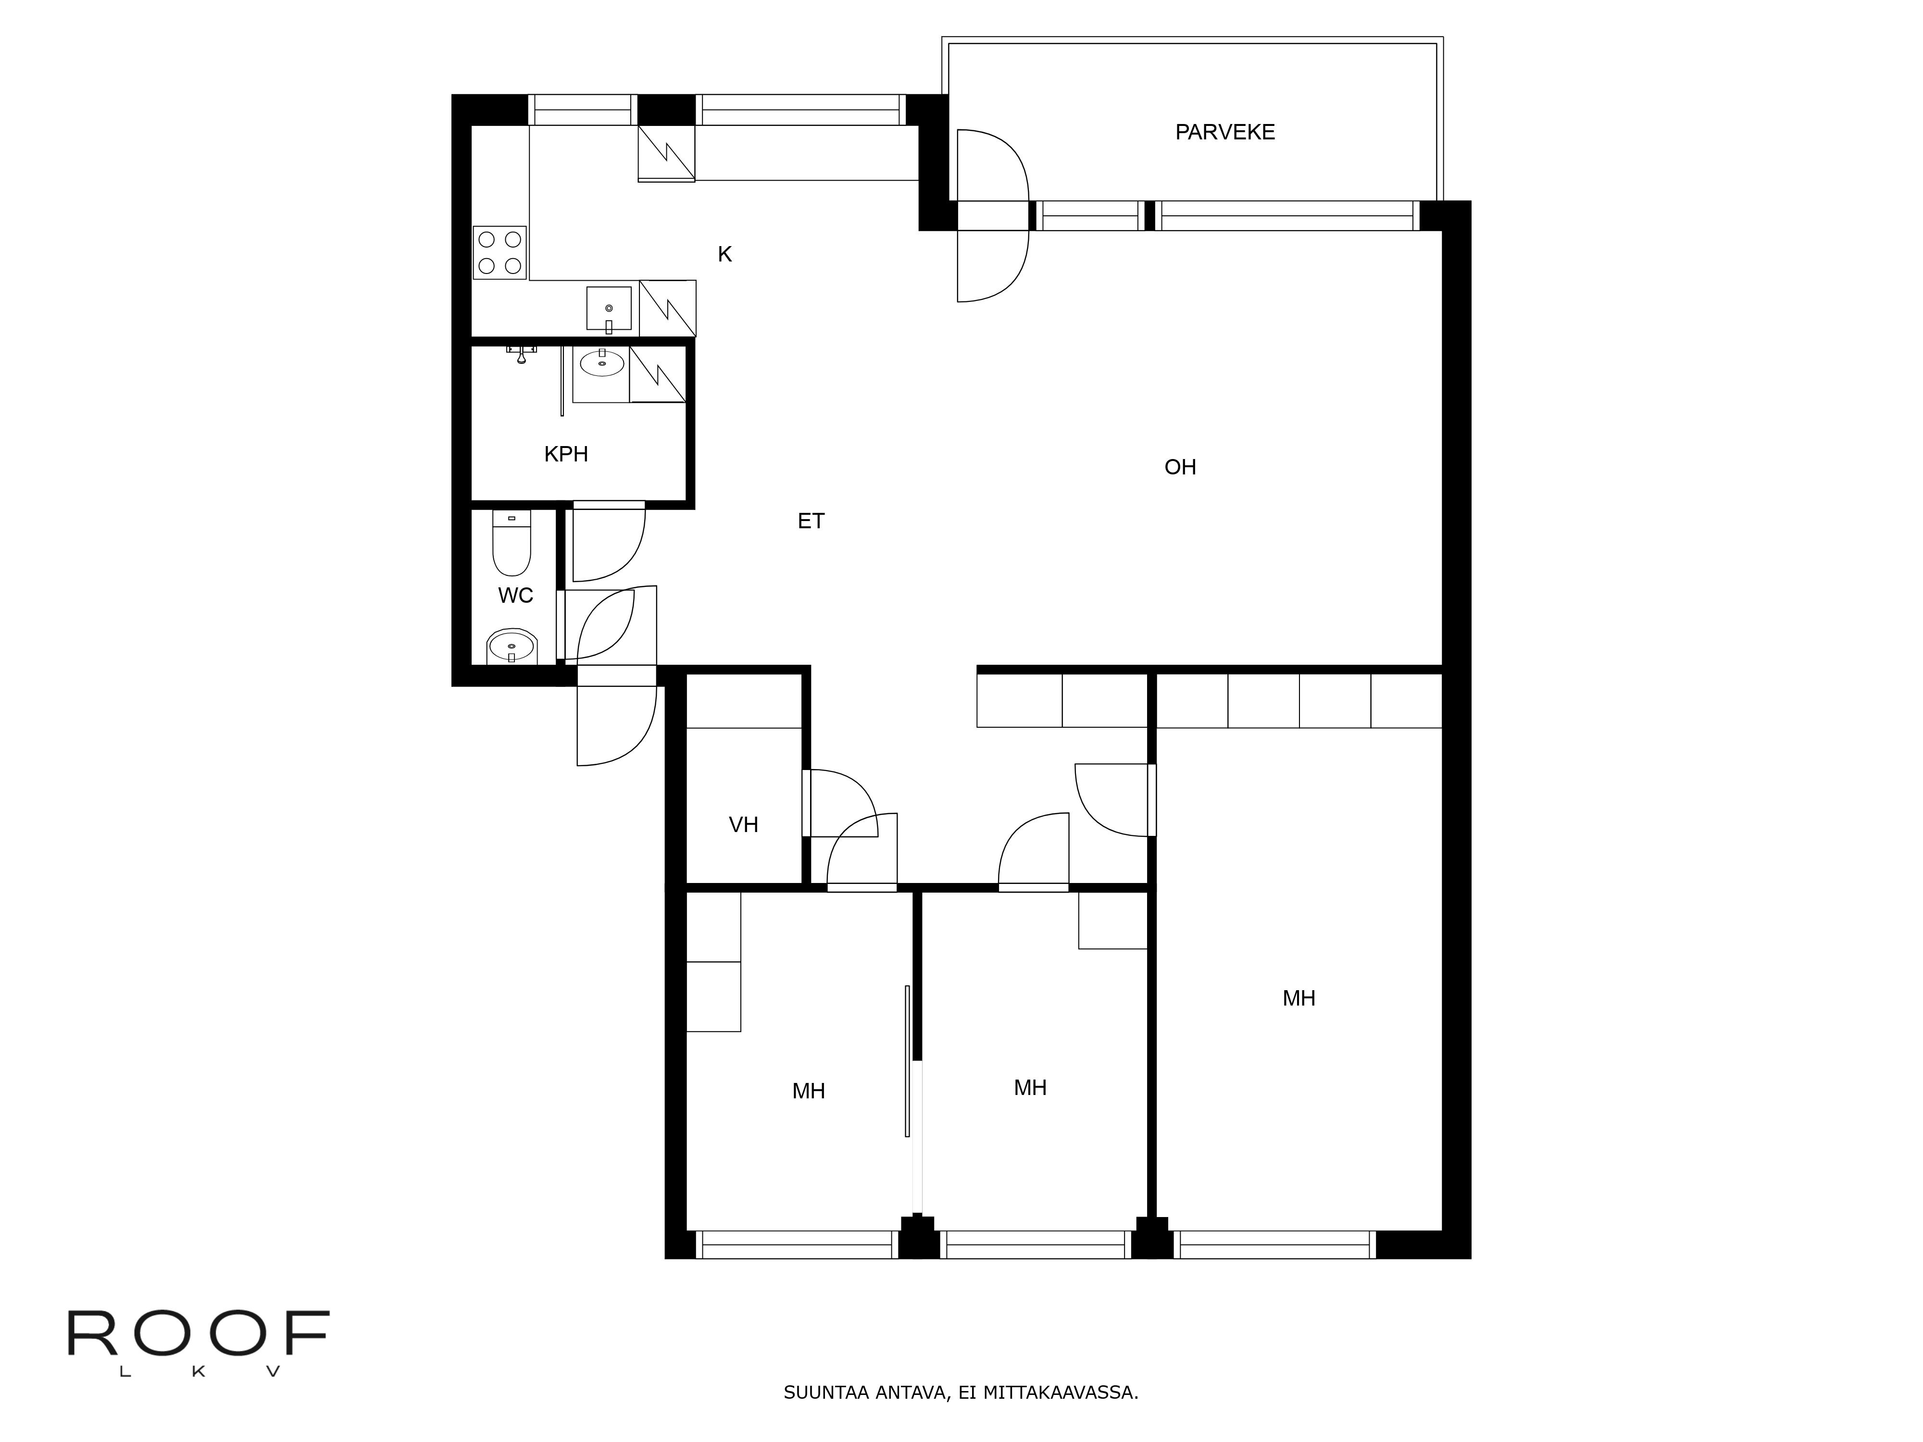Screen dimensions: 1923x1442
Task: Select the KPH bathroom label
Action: coord(566,454)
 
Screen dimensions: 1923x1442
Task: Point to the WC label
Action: coord(515,596)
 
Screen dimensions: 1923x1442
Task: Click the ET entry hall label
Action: coord(811,521)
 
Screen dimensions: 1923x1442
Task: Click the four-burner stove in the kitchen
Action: coord(500,252)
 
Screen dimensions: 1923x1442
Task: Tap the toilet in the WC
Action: coord(511,543)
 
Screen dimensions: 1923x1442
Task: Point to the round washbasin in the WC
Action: coord(512,646)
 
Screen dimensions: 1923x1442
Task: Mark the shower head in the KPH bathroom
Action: coord(521,354)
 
